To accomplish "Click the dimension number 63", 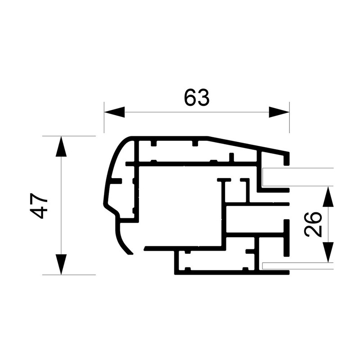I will coord(197,97).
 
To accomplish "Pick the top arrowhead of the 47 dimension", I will coord(61,147).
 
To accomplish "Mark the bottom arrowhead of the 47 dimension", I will coord(61,264).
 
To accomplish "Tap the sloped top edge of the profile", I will coord(247,145).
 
